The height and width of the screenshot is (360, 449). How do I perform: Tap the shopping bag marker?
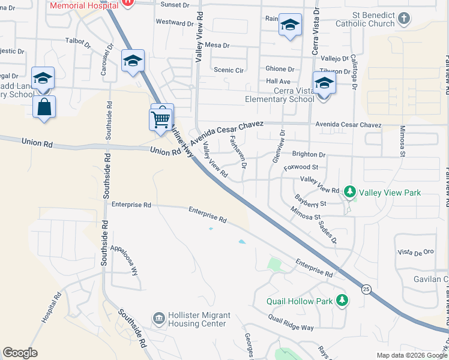44,107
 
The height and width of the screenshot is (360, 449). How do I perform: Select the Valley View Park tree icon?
350,192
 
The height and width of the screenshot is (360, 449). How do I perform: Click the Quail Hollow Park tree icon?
342,299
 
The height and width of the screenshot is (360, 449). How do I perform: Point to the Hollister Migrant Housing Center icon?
159,317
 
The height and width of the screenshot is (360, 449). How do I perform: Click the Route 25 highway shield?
366,289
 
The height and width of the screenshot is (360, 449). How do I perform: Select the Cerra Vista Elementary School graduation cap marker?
324,83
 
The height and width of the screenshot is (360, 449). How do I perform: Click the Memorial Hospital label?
83,4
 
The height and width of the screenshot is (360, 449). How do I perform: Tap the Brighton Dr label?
308,154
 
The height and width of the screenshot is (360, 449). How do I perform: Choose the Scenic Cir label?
229,70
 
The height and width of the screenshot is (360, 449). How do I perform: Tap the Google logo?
20,353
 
